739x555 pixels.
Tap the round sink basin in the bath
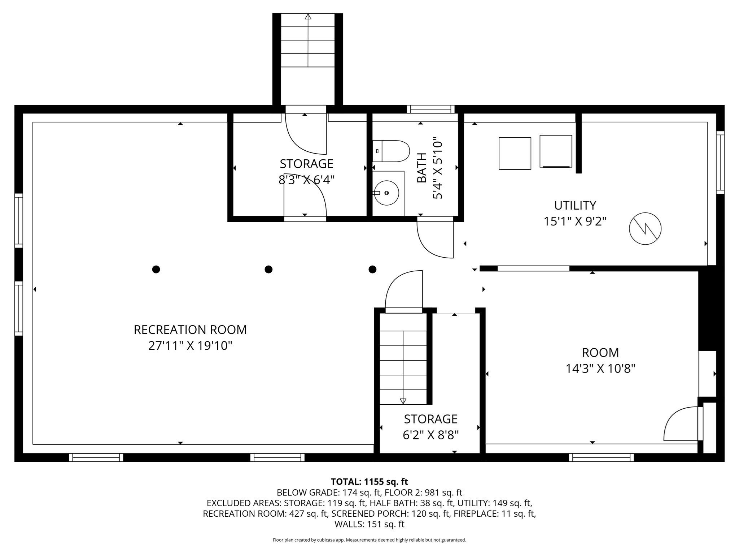(x=386, y=193)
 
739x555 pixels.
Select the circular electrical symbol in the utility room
(x=645, y=228)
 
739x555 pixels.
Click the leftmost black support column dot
(x=156, y=269)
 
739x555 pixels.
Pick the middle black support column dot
(x=268, y=269)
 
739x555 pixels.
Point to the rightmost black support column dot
(x=372, y=269)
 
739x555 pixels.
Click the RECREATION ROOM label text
(x=190, y=330)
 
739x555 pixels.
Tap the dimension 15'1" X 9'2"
(x=575, y=221)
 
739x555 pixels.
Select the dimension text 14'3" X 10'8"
(x=600, y=369)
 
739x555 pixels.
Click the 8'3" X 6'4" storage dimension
(x=306, y=180)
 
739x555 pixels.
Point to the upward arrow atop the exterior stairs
(x=308, y=17)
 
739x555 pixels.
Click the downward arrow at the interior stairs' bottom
(x=403, y=401)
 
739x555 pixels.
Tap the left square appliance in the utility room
(x=515, y=153)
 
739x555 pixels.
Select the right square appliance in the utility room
(x=556, y=151)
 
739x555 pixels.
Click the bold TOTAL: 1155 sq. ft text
(x=369, y=482)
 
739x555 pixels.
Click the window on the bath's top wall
(x=430, y=109)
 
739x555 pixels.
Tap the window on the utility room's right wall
(x=720, y=162)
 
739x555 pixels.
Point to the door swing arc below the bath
(x=432, y=242)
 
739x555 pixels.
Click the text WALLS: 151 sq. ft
(x=369, y=524)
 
